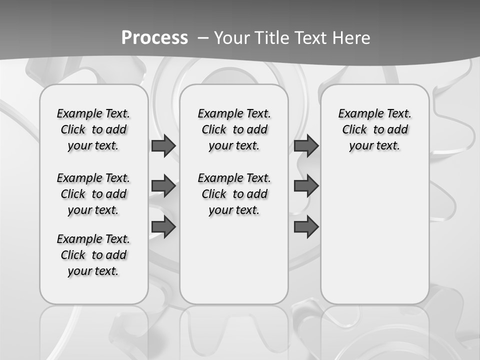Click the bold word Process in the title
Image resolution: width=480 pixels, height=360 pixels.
pos(154,37)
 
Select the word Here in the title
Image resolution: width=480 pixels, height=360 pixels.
pos(351,38)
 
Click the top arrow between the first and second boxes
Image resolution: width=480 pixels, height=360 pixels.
pos(163,146)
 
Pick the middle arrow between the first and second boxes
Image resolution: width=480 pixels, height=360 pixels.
pos(163,186)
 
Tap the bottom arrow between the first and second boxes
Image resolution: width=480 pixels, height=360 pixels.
pos(163,227)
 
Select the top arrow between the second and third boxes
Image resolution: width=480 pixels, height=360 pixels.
pos(306,146)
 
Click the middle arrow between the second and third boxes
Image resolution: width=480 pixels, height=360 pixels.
pos(306,186)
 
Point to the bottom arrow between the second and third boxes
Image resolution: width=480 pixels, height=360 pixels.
pos(306,227)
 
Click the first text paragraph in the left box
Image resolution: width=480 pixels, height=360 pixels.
pos(93,129)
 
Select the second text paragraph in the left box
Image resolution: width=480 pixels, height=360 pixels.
pos(93,194)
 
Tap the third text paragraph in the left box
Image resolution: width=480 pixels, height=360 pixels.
pos(93,255)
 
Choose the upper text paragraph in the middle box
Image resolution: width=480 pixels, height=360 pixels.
pos(234,129)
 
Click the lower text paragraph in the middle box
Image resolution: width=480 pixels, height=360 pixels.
pos(234,194)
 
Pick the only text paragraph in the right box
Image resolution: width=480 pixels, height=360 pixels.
pos(374,129)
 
